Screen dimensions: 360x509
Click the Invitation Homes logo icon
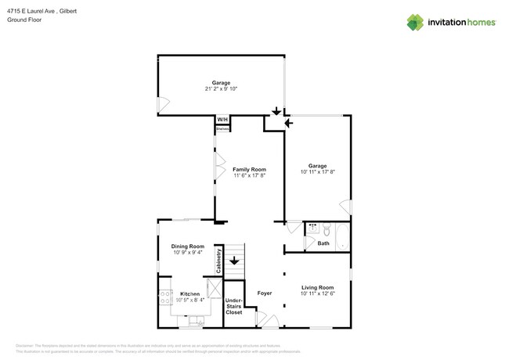tap(415, 22)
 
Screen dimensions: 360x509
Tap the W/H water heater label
tap(222, 120)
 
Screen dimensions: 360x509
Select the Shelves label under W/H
tap(222, 128)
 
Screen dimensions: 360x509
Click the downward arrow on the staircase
tap(233, 260)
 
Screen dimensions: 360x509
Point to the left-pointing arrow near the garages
tap(288, 123)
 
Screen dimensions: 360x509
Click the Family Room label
tap(249, 169)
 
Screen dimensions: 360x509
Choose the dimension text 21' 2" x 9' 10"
tap(221, 89)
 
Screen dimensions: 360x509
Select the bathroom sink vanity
tap(312, 229)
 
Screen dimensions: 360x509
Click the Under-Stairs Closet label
tap(234, 306)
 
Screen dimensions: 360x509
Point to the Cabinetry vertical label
tap(218, 261)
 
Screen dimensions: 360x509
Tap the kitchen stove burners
tap(165, 297)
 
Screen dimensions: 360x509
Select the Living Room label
tap(317, 287)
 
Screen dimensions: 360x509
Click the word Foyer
tap(265, 293)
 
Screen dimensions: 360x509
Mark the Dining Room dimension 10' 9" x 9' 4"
tap(188, 253)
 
